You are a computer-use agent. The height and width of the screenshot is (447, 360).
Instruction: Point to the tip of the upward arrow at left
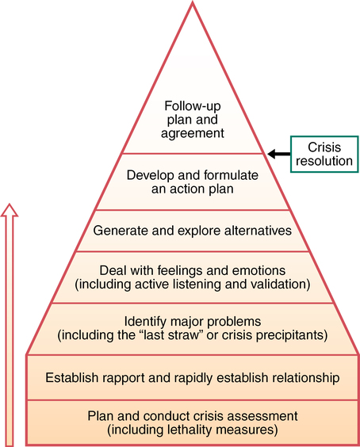[x=9, y=205]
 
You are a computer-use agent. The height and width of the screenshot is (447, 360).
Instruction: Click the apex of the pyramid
[x=192, y=3]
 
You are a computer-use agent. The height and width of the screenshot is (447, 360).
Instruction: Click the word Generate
[x=120, y=231]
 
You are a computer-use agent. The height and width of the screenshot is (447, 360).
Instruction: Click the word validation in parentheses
[x=274, y=283]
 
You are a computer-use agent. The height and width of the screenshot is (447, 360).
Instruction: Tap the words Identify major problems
[x=192, y=321]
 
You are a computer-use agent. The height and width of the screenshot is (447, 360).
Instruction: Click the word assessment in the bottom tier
[x=264, y=416]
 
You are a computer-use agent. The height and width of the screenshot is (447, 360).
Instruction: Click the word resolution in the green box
[x=324, y=162]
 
